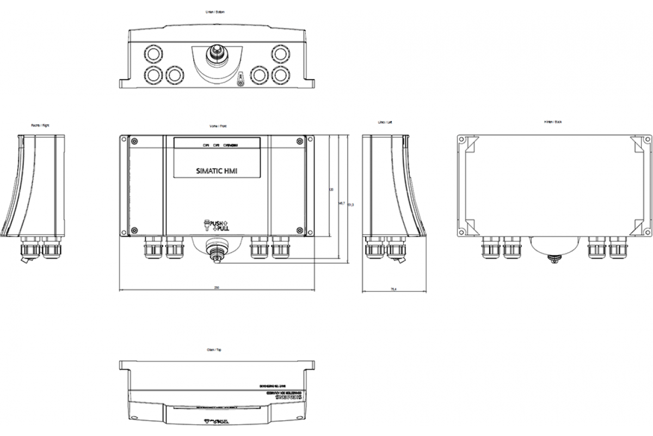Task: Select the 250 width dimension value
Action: tap(217, 287)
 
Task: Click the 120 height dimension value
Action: tap(331, 190)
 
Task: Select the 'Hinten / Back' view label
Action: tap(553, 122)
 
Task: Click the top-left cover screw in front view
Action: tap(134, 142)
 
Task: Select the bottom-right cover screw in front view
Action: tap(299, 230)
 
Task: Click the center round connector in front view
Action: tap(217, 253)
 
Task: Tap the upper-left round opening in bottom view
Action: tap(153, 53)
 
